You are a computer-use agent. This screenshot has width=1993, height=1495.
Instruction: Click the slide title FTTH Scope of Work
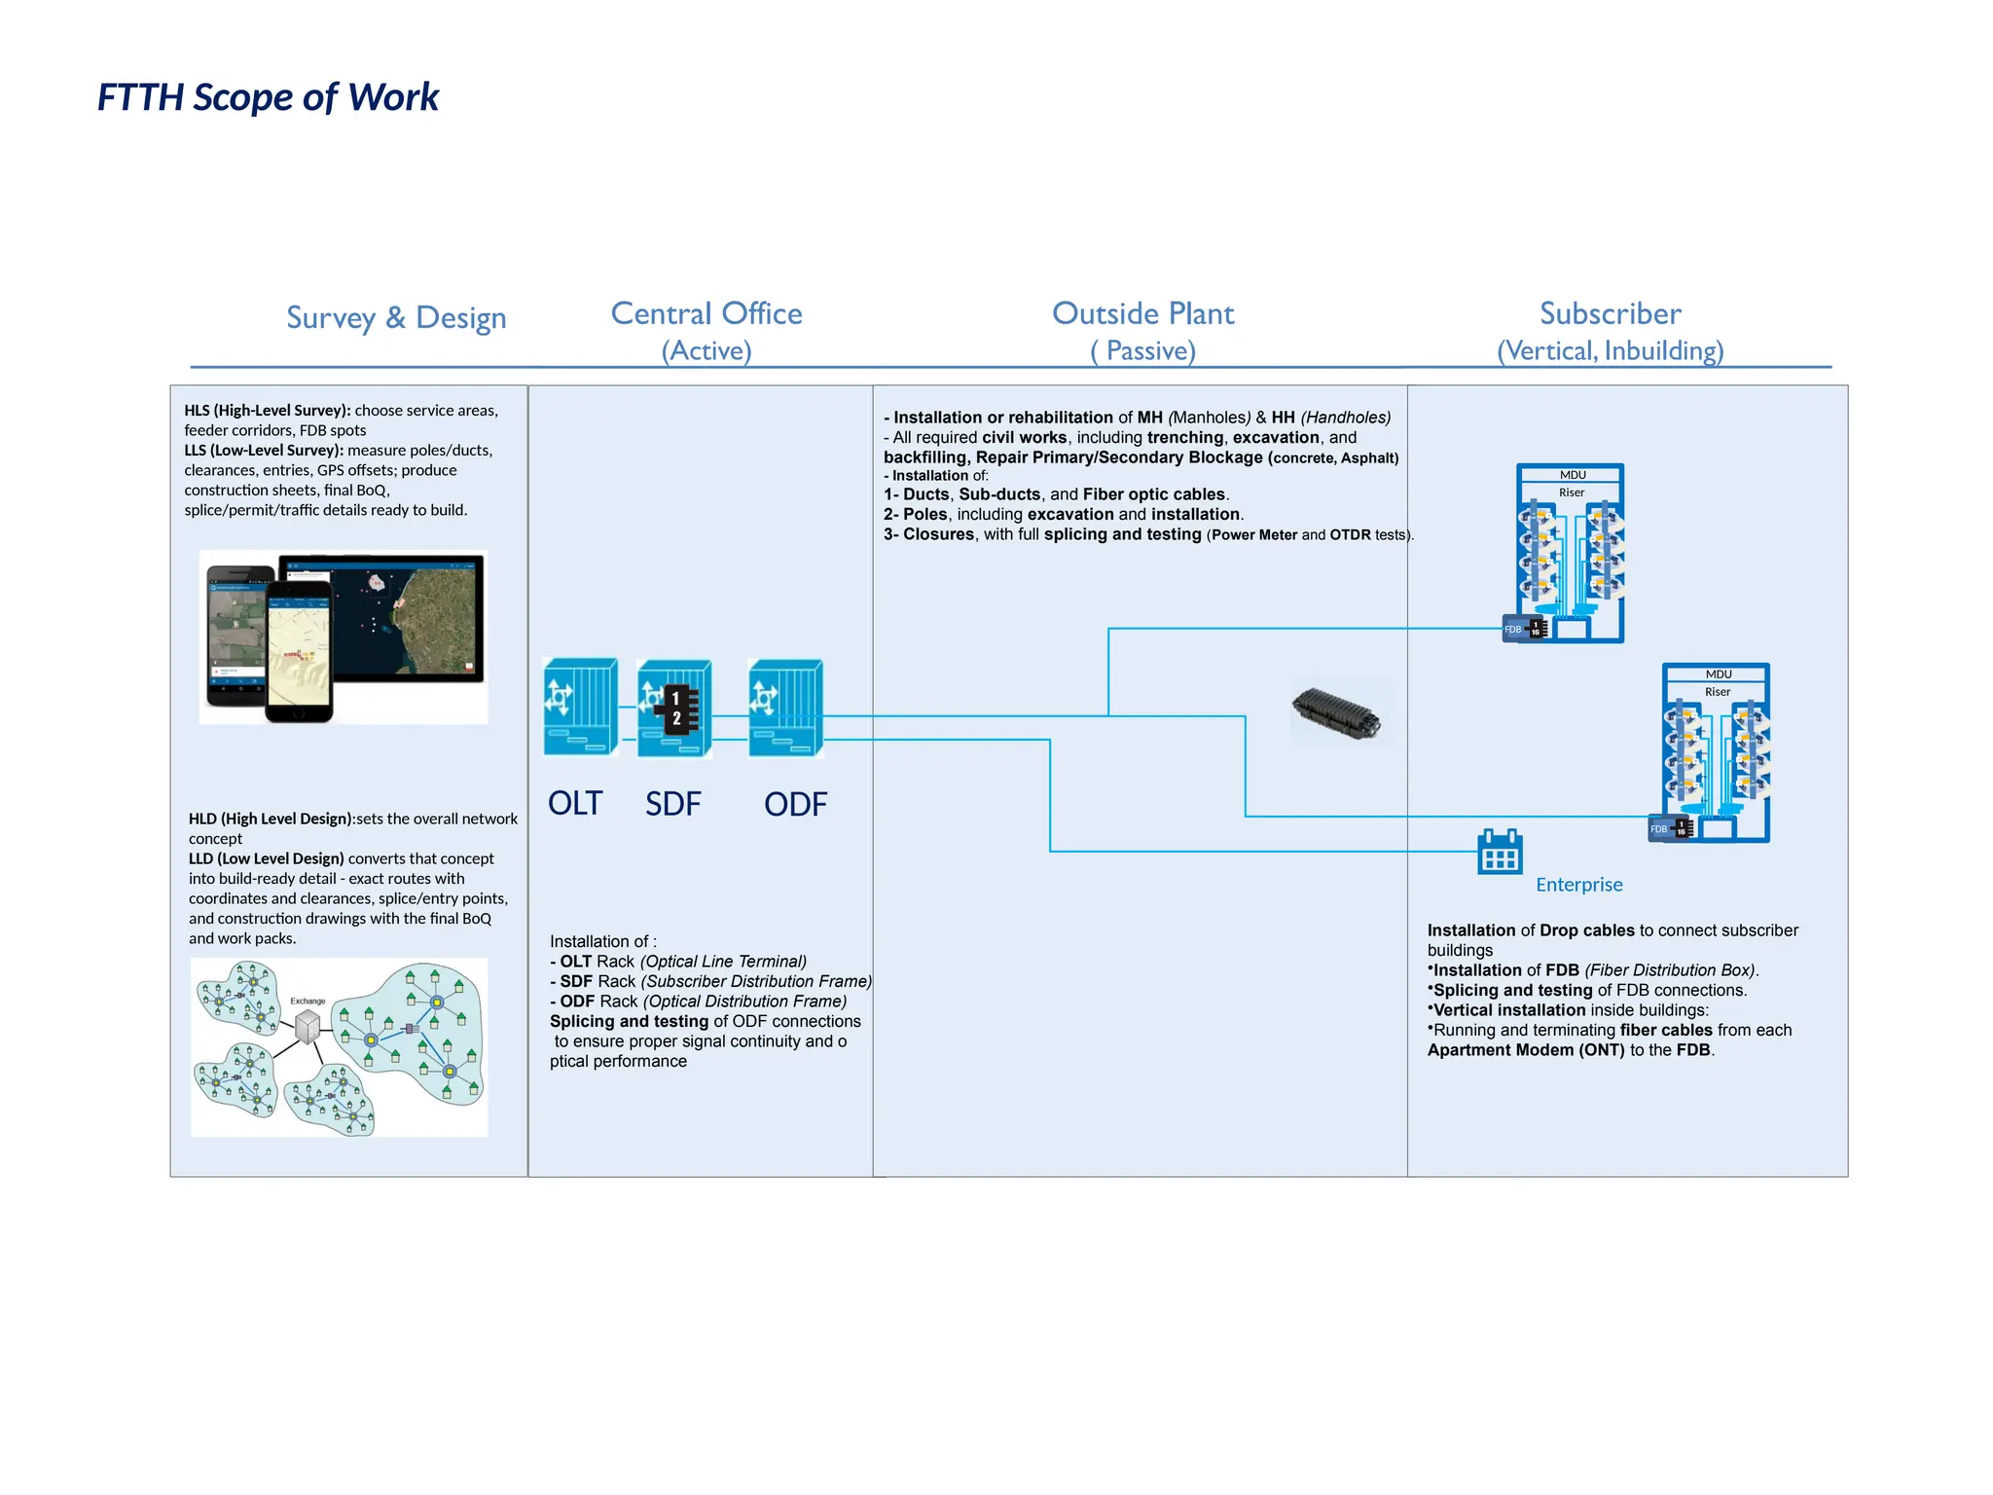pyautogui.click(x=268, y=97)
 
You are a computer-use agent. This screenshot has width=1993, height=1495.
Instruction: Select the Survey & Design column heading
pyautogui.click(x=396, y=318)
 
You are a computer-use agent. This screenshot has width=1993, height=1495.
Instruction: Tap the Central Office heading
pyautogui.click(x=707, y=314)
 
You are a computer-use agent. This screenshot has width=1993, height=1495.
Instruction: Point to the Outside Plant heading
pyautogui.click(x=1142, y=314)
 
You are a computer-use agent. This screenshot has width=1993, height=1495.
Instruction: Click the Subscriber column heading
pyautogui.click(x=1610, y=314)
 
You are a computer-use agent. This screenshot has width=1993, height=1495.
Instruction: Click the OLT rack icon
pyautogui.click(x=580, y=708)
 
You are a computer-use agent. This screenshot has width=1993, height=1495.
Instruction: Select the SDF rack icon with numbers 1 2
pyautogui.click(x=673, y=709)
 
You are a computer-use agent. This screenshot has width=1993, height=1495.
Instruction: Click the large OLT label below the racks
pyautogui.click(x=575, y=804)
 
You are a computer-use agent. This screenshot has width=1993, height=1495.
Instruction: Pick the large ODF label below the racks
pyautogui.click(x=795, y=805)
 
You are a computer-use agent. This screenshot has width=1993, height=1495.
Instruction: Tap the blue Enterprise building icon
pyautogui.click(x=1500, y=853)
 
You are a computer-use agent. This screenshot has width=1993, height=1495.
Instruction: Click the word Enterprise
pyautogui.click(x=1578, y=885)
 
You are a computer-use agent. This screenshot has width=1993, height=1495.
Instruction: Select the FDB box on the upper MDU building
pyautogui.click(x=1524, y=629)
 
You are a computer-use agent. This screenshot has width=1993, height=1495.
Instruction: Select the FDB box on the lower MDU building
pyautogui.click(x=1670, y=828)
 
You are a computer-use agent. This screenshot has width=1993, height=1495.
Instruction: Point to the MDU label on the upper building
pyautogui.click(x=1573, y=475)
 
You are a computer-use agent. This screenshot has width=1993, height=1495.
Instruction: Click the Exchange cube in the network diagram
pyautogui.click(x=308, y=1026)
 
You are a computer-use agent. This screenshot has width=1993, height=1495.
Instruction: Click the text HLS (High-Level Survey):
pyautogui.click(x=268, y=411)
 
